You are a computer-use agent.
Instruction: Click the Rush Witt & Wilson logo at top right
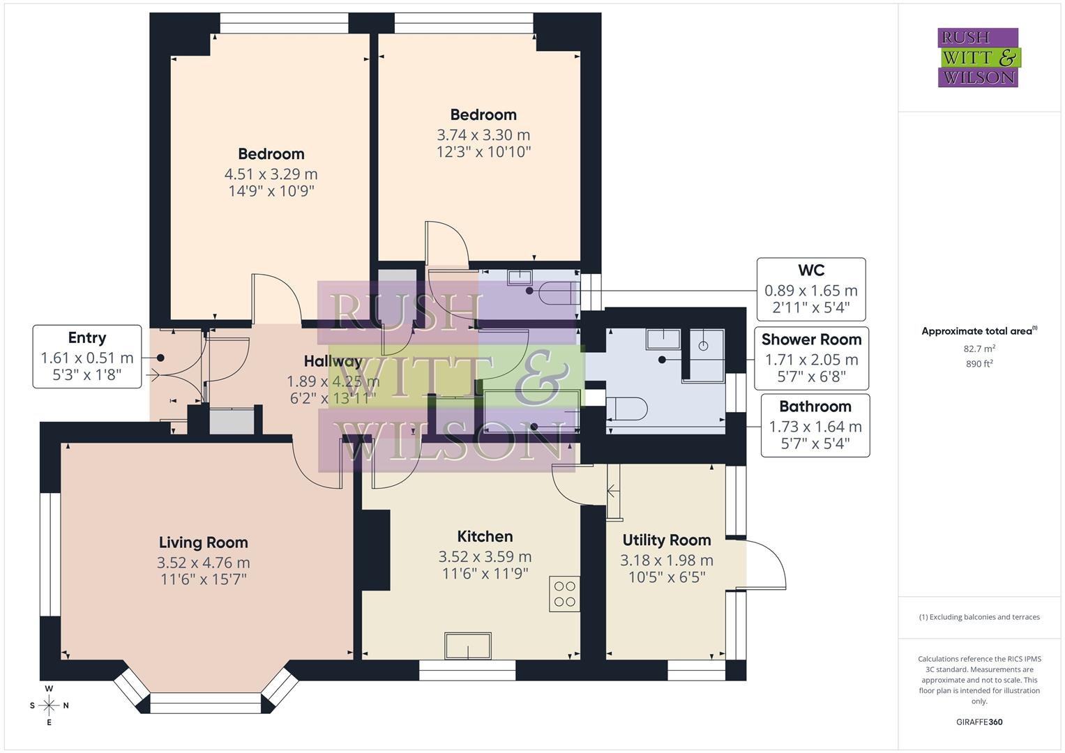978,58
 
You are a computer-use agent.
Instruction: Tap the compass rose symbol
49,706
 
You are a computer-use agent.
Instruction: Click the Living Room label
203,542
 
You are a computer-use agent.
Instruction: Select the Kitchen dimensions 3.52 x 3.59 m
485,556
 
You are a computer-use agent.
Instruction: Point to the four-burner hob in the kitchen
564,593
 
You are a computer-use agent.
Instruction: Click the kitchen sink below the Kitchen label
468,645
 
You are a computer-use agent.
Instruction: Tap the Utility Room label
666,540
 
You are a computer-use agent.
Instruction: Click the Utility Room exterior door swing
766,565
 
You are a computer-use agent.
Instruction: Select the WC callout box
811,289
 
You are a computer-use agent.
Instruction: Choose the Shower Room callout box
811,358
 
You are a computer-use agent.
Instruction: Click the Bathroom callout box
815,425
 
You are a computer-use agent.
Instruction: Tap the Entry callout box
87,356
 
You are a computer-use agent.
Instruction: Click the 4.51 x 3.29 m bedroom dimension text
271,174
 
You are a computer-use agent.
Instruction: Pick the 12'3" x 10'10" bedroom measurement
483,152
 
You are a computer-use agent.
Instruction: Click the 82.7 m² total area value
979,348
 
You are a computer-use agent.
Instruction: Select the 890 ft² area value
979,363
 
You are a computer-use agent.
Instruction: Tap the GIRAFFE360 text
979,722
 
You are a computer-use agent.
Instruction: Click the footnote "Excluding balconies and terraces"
979,617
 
